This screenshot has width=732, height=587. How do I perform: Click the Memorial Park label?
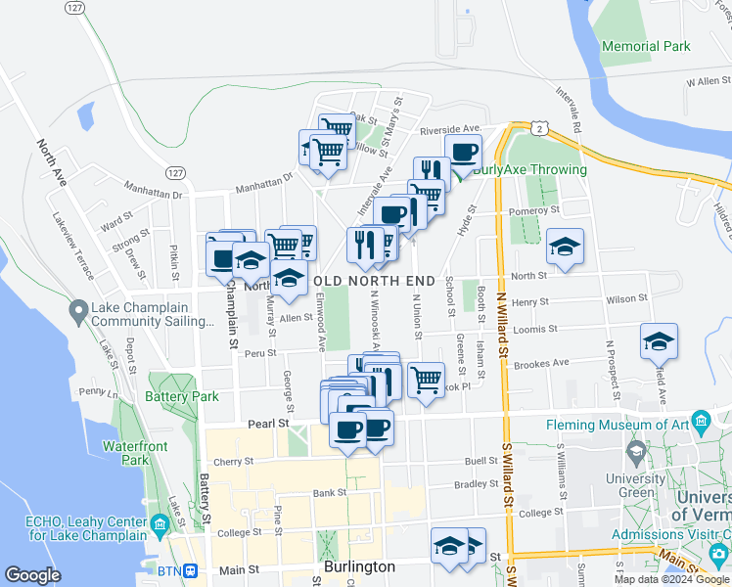[646, 46]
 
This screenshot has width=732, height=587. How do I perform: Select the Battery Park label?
[181, 396]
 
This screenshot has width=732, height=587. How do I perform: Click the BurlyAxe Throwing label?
[529, 169]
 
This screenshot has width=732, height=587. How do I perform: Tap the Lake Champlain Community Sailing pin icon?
[77, 312]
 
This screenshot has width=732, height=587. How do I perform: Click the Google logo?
[32, 574]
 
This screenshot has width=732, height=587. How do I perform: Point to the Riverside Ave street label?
[450, 129]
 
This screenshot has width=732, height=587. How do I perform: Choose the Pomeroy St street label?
[532, 209]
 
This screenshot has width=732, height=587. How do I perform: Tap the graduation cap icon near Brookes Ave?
[659, 342]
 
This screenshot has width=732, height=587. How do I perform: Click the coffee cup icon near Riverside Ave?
[463, 153]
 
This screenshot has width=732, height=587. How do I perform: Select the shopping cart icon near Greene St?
[426, 379]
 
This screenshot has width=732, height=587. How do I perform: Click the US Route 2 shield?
[539, 128]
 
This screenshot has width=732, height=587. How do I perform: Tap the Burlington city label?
[359, 566]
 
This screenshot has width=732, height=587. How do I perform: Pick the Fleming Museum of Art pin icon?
[701, 423]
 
